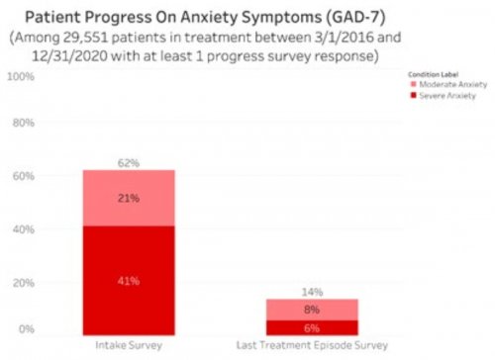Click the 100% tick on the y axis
[x=22, y=75]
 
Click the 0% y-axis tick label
[x=27, y=328]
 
